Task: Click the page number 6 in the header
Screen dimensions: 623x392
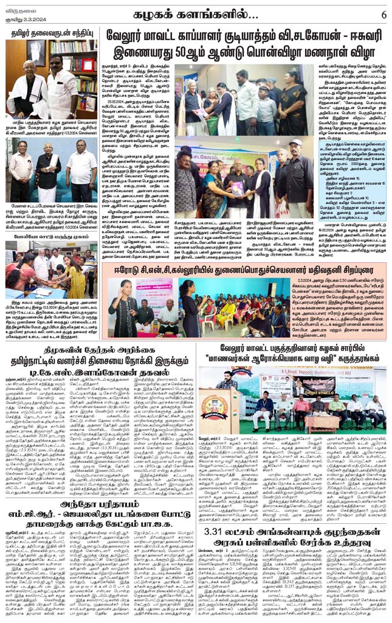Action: click(383, 14)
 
